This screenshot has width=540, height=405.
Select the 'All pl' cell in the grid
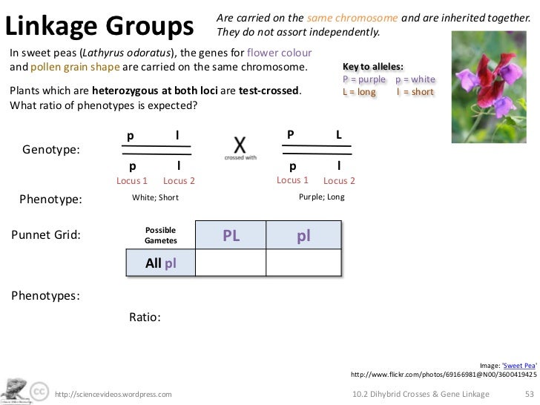[x=161, y=263]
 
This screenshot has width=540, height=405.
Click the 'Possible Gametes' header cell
[x=161, y=236]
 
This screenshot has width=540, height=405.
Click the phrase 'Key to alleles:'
[x=373, y=67]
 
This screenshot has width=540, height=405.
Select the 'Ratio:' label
[x=145, y=317]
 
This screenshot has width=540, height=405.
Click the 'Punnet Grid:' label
[x=45, y=236]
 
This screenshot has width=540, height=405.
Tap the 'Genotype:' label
[x=51, y=149]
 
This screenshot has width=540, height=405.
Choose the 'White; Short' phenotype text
[x=155, y=198]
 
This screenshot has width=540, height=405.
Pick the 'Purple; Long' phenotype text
[x=321, y=197]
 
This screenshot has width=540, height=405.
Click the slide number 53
[x=529, y=394]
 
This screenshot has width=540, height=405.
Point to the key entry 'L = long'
[x=359, y=92]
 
